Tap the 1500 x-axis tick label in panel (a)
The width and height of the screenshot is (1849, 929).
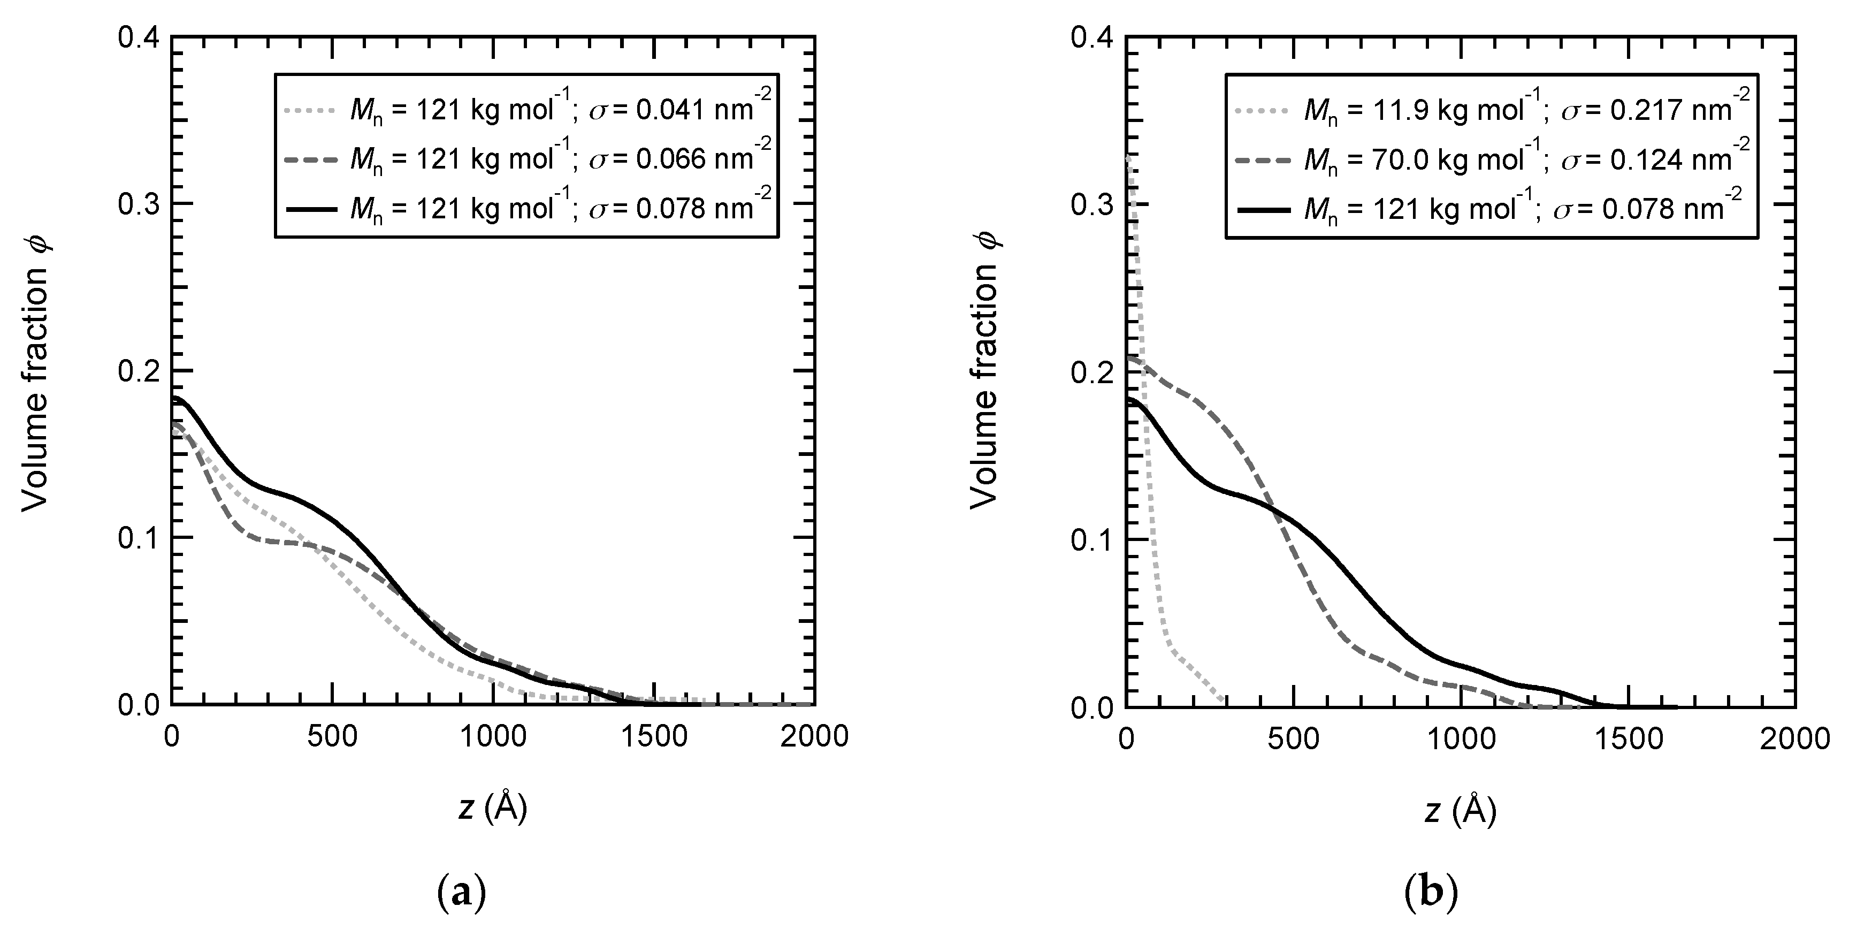654,737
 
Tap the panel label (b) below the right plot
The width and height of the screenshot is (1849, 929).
1431,894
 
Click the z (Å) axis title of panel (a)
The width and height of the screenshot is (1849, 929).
492,809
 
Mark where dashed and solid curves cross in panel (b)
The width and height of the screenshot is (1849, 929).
1275,508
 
